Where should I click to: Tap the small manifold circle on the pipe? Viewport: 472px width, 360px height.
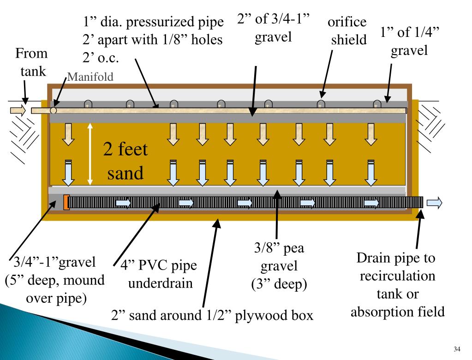54,110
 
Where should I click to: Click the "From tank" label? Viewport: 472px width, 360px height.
31,62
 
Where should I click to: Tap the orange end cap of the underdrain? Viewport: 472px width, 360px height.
66,202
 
